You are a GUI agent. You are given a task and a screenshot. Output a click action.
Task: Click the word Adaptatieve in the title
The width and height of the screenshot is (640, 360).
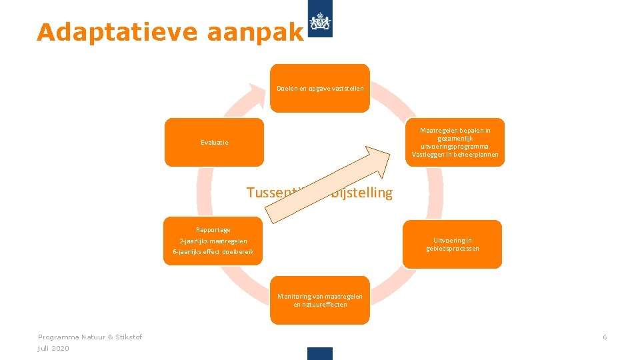pos(117,33)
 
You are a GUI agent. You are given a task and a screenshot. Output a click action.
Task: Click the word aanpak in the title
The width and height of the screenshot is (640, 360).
pos(255,33)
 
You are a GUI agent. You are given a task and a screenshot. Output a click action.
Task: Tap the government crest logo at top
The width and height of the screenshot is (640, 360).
pos(321,24)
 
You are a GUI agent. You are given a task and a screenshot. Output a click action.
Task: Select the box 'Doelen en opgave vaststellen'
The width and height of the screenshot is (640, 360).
pos(319,88)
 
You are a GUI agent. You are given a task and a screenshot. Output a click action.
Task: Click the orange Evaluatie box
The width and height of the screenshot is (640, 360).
pos(214,142)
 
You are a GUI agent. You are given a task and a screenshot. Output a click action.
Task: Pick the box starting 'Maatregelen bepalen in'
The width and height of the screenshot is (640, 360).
pos(455,142)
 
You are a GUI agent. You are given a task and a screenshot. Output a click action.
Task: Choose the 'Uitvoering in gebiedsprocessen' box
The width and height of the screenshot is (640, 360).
pos(452,245)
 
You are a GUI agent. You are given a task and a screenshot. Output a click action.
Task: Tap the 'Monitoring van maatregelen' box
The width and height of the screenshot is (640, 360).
pos(319,301)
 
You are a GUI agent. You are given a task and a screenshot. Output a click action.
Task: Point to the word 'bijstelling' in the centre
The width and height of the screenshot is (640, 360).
pos(364,193)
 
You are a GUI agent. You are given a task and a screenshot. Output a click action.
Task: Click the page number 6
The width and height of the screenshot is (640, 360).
pos(605,337)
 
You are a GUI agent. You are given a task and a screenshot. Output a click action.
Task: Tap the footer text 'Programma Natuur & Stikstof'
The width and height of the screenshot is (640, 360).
pos(90,337)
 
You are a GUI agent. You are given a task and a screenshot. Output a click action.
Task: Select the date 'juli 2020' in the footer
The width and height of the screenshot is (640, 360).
pos(53,349)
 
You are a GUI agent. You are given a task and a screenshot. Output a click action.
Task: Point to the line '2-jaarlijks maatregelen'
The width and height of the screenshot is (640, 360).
pos(213,241)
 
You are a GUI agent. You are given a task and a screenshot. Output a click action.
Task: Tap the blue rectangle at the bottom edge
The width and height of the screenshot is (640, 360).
pos(320,353)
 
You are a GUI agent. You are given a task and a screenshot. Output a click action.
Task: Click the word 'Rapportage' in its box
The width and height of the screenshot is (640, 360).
pos(213,230)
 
